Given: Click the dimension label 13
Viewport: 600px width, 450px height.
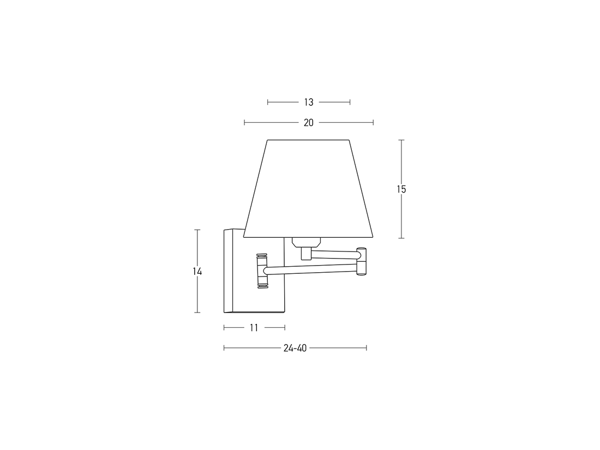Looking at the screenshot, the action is (309, 102).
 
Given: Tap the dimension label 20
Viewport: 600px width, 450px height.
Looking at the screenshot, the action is (308, 123).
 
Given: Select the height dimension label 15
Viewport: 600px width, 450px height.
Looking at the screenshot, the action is (401, 189).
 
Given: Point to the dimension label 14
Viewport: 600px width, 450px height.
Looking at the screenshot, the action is (197, 272).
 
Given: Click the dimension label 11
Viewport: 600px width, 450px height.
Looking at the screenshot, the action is (254, 328).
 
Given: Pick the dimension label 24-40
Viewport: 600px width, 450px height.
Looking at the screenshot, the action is (295, 348).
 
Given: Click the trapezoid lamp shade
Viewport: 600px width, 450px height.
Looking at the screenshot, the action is (308, 189).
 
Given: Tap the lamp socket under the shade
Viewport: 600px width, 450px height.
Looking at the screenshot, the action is (305, 242).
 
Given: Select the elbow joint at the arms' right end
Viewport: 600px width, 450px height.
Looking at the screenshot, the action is (361, 262).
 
